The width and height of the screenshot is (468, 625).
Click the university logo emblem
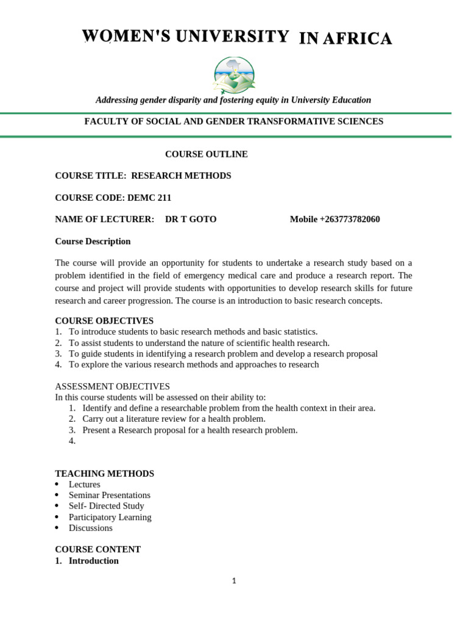pos(234,75)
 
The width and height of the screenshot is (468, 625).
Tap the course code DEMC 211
pos(149,197)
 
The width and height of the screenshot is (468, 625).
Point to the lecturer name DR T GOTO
pos(191,219)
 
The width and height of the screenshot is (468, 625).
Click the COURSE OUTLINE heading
pos(207,154)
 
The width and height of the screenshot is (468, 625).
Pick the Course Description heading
pos(93,241)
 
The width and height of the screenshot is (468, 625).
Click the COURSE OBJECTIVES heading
pos(104,320)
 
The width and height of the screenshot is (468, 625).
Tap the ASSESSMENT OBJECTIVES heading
pos(112,386)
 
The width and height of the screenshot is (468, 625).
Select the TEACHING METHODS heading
pos(104,474)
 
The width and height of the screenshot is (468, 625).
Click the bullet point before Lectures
pos(57,485)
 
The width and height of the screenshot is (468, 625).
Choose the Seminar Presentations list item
pos(109,495)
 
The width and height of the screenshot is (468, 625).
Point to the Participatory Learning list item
pos(110,517)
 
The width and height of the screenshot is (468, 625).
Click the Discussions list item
pos(90,528)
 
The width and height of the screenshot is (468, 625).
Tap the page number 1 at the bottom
pos(234,581)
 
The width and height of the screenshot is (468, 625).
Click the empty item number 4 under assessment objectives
pos(73,441)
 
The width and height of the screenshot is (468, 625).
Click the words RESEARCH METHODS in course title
pos(181,176)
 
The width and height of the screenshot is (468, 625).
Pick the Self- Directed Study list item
pos(106,506)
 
